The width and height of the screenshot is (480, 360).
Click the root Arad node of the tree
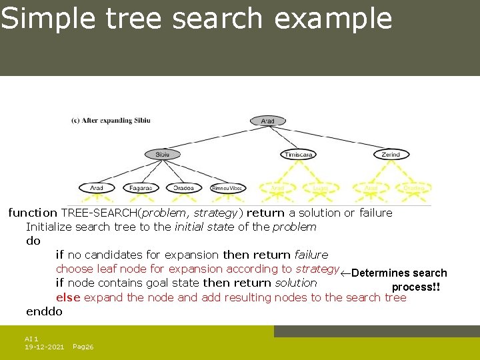267,121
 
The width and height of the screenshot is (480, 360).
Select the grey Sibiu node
163,154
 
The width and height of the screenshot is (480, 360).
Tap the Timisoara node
297,154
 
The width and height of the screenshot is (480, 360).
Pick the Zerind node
391,154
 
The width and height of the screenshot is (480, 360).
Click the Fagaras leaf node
141,188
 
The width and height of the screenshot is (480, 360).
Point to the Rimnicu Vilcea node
228,188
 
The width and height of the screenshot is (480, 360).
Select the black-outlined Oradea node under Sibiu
183,188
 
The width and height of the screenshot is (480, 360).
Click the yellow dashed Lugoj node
320,188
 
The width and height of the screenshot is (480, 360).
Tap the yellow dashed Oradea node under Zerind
413,188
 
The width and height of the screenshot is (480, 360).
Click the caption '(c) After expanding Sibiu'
111,121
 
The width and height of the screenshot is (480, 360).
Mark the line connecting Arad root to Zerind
333,138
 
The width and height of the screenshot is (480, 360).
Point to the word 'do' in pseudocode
33,241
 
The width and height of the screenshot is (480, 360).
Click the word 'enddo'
44,311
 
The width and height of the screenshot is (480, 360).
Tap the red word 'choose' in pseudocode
74,269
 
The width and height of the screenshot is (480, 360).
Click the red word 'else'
68,297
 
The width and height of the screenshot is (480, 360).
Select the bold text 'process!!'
416,287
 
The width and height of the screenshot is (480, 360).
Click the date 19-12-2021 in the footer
44,347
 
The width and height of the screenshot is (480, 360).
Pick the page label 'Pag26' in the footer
83,347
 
